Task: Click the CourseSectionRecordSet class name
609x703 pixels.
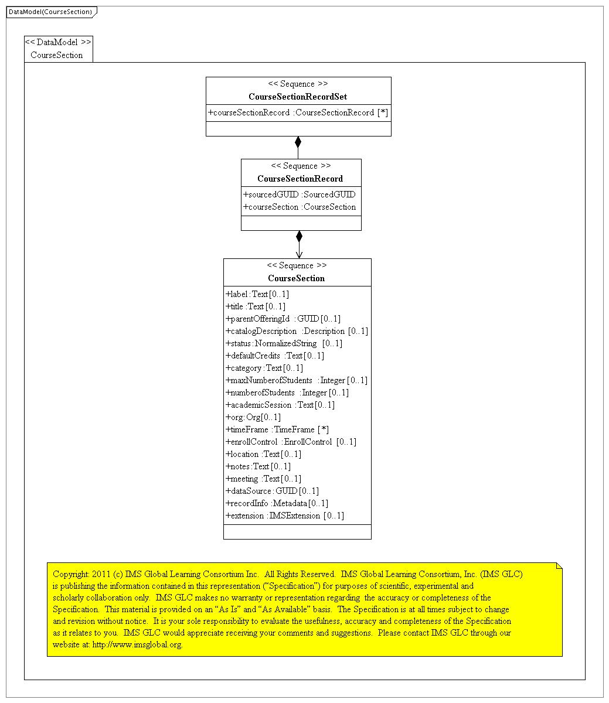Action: pyautogui.click(x=298, y=97)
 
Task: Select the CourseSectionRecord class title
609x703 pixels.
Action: pyautogui.click(x=300, y=179)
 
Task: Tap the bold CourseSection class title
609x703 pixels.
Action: pyautogui.click(x=297, y=278)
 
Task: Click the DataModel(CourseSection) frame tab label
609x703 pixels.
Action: pyautogui.click(x=50, y=12)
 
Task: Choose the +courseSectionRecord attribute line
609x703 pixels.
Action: pyautogui.click(x=298, y=112)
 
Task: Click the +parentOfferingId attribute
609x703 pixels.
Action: pyautogui.click(x=283, y=319)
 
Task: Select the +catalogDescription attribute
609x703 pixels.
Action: pyautogui.click(x=297, y=331)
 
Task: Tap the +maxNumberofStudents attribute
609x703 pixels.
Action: pyautogui.click(x=297, y=380)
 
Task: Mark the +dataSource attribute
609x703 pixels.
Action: pyautogui.click(x=272, y=491)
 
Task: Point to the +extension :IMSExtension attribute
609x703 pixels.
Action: pyautogui.click(x=285, y=516)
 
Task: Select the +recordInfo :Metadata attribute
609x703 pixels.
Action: pyautogui.click(x=277, y=503)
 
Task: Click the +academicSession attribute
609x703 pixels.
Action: pyautogui.click(x=280, y=405)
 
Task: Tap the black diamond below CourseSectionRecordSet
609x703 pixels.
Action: pyautogui.click(x=298, y=142)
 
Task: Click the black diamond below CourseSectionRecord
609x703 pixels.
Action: pyautogui.click(x=299, y=236)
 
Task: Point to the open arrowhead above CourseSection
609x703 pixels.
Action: pyautogui.click(x=299, y=254)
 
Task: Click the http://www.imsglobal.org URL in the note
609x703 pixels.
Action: pyautogui.click(x=137, y=644)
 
